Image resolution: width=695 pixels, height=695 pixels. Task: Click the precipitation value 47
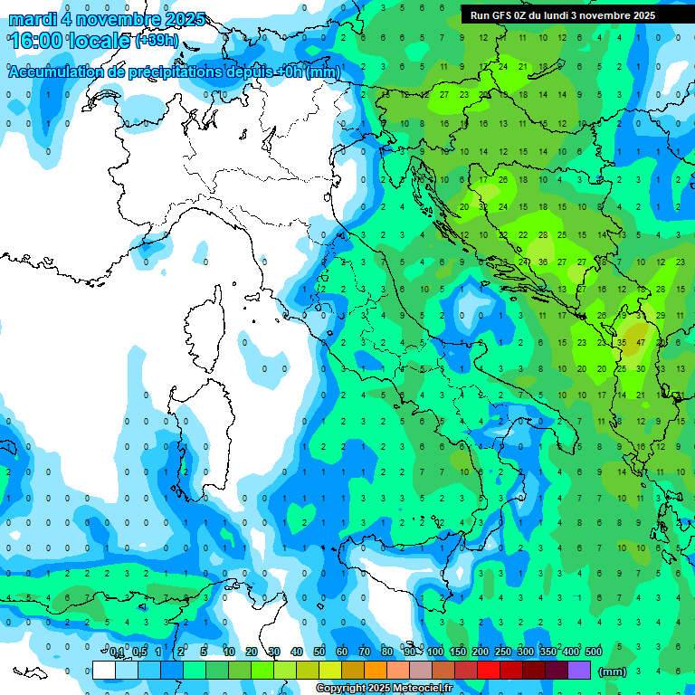coord(641,344)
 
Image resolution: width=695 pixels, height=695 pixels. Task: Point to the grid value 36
coord(542,262)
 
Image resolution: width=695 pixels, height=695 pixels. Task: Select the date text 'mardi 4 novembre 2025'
coord(107,19)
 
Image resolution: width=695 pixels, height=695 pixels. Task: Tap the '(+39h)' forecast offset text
coord(157,42)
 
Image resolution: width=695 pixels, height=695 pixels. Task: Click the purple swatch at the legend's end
coord(579,671)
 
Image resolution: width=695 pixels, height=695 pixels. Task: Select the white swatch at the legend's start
coord(104,671)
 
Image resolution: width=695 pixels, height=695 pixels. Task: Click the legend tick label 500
coord(593,652)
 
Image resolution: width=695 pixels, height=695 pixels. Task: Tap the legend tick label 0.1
coord(117,652)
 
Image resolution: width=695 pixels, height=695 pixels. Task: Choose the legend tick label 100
coord(435,652)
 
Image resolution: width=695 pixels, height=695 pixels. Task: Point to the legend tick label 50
coord(319,652)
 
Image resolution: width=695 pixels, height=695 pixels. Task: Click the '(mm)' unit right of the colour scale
coord(613,671)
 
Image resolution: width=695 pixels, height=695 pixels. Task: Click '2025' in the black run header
coord(643,15)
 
